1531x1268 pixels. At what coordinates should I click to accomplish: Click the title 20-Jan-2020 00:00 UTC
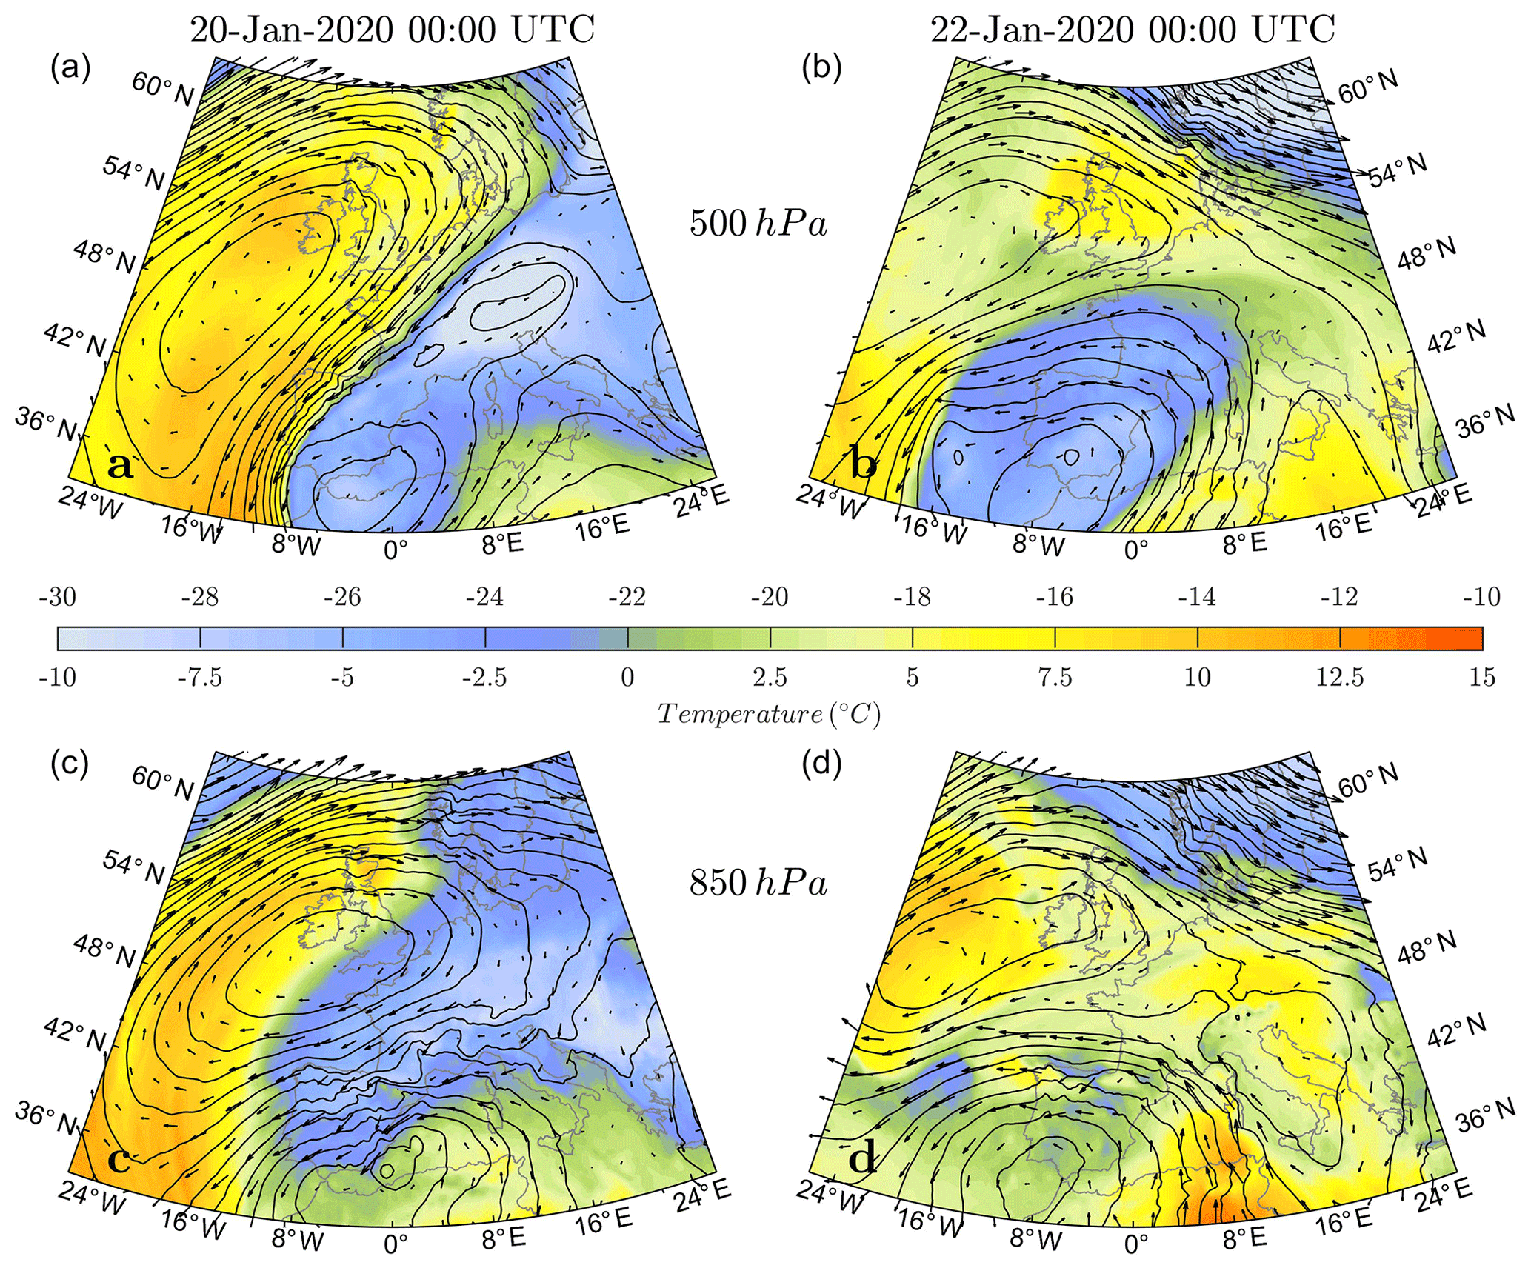click(x=393, y=30)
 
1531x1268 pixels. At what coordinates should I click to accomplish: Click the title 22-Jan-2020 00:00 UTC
click(x=1133, y=30)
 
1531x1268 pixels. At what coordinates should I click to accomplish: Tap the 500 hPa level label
click(x=758, y=223)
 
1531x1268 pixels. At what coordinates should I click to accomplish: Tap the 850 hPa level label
click(x=758, y=883)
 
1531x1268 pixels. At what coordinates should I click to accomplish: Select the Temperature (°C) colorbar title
click(x=769, y=714)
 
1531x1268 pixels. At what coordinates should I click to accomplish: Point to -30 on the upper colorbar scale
click(x=58, y=597)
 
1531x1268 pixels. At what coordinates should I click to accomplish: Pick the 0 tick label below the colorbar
click(x=627, y=678)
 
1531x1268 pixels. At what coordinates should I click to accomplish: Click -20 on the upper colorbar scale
click(x=770, y=597)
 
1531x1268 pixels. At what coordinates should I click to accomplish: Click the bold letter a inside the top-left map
click(x=121, y=467)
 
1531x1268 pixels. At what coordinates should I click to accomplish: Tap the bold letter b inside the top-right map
click(x=863, y=465)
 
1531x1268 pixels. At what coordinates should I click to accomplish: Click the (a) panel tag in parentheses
click(x=70, y=68)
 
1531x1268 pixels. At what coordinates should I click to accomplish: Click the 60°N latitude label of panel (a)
click(x=163, y=90)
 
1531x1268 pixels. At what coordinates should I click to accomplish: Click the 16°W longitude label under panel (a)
click(x=191, y=530)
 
